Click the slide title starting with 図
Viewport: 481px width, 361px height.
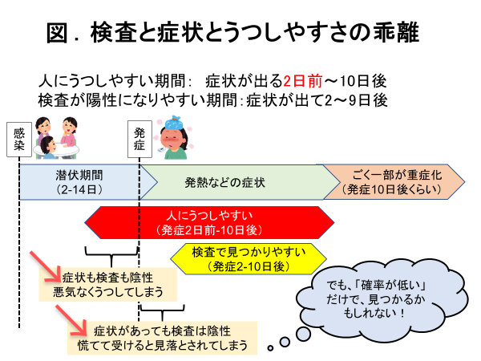pos(240,34)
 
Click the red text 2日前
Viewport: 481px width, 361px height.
pos(304,81)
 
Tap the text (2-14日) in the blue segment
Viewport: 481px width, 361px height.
pos(79,191)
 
